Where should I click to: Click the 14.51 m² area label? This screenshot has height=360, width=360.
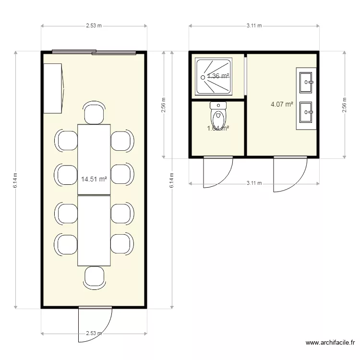coord(94,179)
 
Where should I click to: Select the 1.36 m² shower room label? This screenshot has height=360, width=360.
coord(218,76)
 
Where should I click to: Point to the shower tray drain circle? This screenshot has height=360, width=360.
coord(203,77)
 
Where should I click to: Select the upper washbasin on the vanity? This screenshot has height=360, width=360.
coord(306,82)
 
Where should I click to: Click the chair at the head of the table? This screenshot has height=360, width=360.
coord(94,113)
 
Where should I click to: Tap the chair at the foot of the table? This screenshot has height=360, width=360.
coord(94,277)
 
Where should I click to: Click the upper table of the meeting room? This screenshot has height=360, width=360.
coord(94,159)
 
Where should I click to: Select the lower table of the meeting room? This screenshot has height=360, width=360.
coord(94,230)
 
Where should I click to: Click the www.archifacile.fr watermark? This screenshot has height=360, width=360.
coord(330,343)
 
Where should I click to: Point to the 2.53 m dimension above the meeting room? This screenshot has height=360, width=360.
coord(94,26)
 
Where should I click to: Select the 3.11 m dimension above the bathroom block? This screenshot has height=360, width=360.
coord(254,26)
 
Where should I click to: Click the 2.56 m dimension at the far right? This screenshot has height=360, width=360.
coord(345,104)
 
